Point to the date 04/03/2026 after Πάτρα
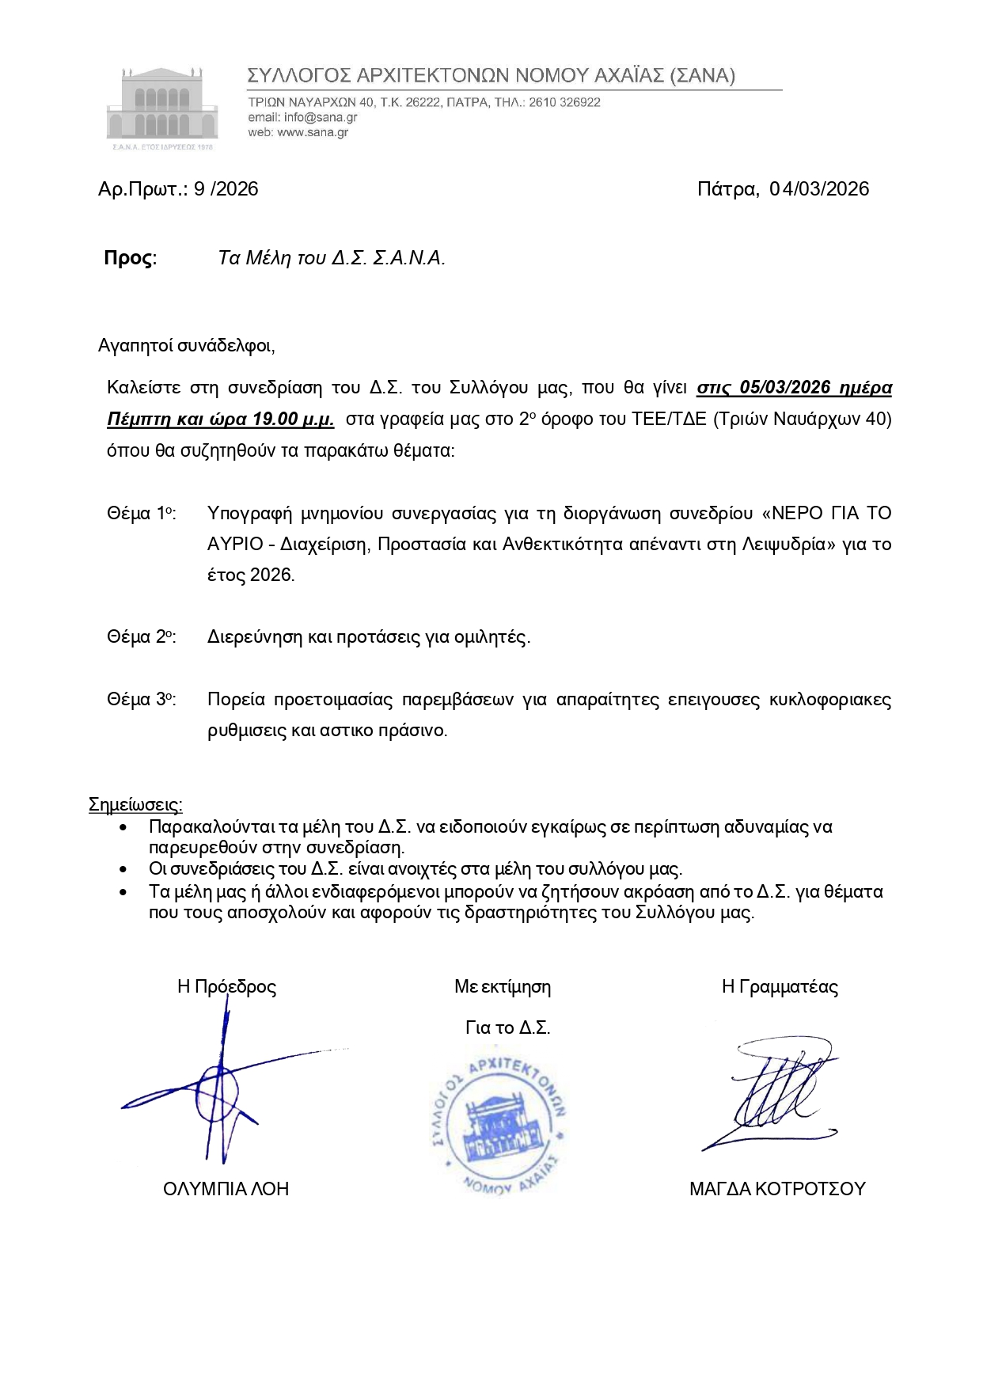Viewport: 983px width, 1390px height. click(819, 189)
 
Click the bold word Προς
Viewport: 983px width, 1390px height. click(130, 258)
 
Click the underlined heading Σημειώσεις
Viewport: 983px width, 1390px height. click(135, 805)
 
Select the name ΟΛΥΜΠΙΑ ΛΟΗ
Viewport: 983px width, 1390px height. click(226, 1189)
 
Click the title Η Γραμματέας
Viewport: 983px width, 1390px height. click(780, 987)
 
